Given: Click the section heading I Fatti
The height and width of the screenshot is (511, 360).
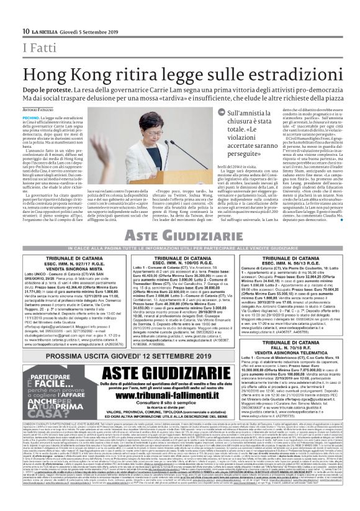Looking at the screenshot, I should click(37, 47).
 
